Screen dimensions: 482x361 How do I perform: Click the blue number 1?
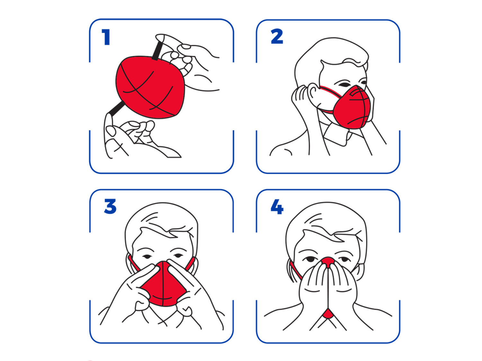coord(106,38)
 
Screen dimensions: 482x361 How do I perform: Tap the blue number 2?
coord(277,37)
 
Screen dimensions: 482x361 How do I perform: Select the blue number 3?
coord(110,206)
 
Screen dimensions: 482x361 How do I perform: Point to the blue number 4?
coord(277,206)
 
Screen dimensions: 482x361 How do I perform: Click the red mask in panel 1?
coord(150,88)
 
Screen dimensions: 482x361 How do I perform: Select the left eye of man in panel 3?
coord(147,256)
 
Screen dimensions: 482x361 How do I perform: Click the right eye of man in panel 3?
coord(178,256)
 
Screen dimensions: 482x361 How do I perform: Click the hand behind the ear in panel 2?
coord(300,99)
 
